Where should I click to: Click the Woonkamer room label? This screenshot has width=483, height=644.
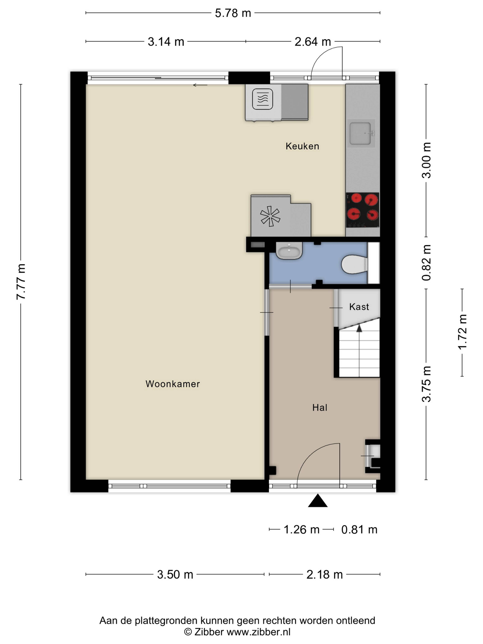[x=173, y=384]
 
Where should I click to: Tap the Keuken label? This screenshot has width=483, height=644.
[x=302, y=146]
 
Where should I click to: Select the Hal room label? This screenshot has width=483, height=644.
[x=320, y=408]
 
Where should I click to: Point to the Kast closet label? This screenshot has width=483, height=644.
[x=359, y=307]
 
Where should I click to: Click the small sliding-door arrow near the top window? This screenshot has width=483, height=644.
[x=200, y=85]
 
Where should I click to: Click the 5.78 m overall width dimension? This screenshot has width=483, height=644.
[x=233, y=13]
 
